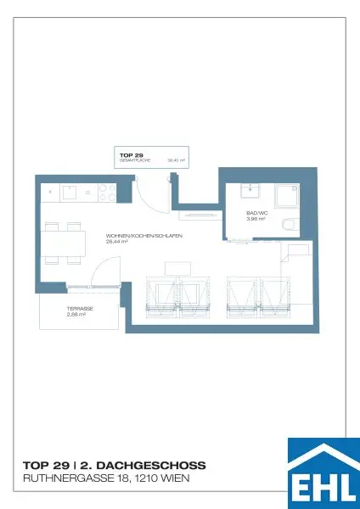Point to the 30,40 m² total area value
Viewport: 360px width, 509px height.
coord(177,159)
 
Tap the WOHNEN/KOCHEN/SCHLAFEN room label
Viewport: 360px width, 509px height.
coord(144,236)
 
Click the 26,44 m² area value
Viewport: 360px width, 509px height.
coord(117,242)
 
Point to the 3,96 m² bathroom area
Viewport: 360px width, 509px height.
coord(256,219)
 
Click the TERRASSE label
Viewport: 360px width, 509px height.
coord(80,309)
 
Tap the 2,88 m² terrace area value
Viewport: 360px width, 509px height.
coord(76,315)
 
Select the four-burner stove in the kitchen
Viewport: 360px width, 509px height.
coord(107,192)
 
